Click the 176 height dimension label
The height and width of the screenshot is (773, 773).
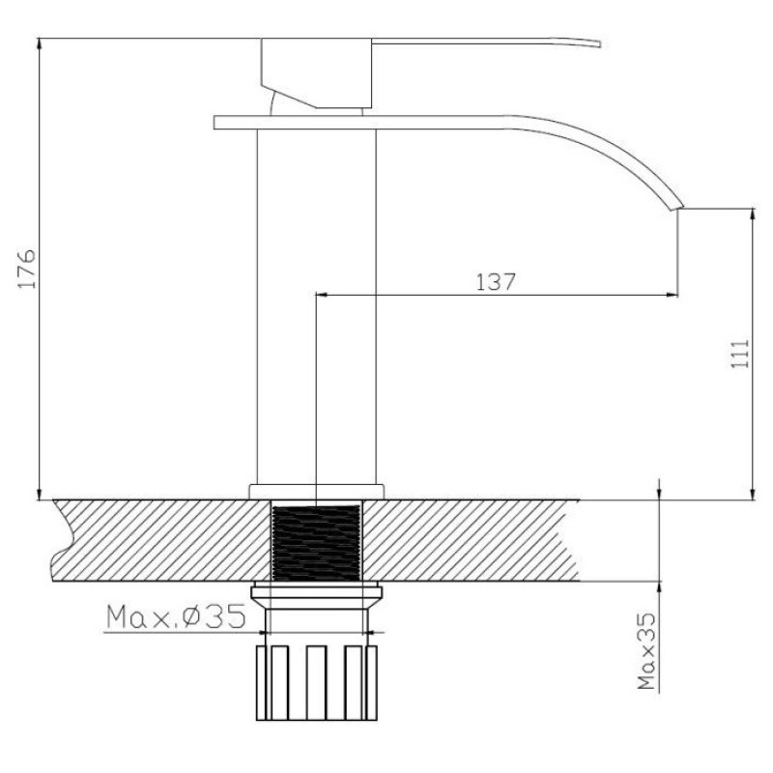27,269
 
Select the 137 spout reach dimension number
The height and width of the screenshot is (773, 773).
496,282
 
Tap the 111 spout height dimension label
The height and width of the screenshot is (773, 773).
739,353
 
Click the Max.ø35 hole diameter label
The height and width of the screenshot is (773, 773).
176,616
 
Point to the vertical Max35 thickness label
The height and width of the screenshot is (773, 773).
647,650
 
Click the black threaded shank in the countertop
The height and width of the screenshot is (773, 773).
316,542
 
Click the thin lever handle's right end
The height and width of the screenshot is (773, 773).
599,43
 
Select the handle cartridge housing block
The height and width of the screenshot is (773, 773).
316,73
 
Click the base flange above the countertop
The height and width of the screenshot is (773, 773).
316,492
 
